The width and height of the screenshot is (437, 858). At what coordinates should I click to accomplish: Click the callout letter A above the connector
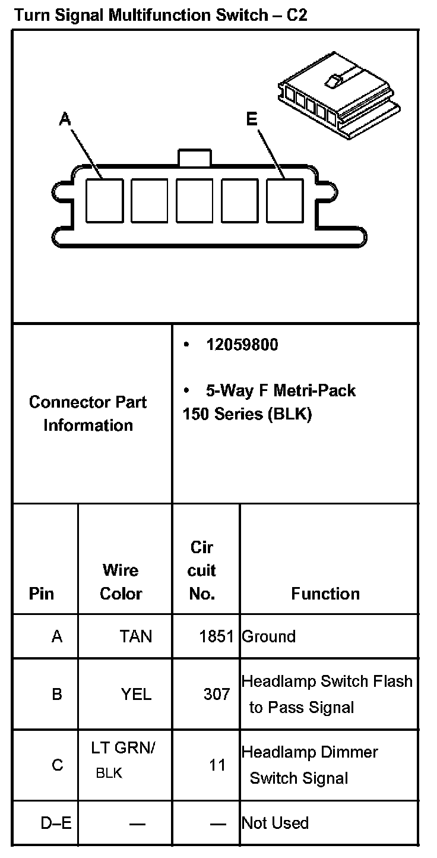click(65, 119)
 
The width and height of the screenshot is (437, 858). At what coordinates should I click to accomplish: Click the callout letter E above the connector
click(252, 119)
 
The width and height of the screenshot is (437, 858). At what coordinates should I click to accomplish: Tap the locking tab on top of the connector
click(194, 157)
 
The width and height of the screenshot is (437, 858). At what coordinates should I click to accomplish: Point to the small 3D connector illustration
click(337, 100)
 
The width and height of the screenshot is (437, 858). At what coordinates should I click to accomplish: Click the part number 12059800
click(242, 345)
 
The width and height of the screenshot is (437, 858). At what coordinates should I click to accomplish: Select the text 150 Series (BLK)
click(247, 414)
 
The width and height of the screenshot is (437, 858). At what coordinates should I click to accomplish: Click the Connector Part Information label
click(88, 414)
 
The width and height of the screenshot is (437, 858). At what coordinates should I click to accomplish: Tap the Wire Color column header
click(121, 582)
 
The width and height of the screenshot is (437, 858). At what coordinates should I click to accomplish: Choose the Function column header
click(325, 594)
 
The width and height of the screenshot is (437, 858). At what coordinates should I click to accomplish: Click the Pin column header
click(41, 594)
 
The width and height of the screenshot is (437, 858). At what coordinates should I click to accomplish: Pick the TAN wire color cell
click(136, 636)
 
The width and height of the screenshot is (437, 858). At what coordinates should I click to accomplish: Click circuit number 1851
click(217, 636)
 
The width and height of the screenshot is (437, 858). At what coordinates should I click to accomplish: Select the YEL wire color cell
click(136, 693)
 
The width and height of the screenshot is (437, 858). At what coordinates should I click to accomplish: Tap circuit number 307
click(217, 693)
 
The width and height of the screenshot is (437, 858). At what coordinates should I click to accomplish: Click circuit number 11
click(217, 765)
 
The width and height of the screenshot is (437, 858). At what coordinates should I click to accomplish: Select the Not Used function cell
click(275, 823)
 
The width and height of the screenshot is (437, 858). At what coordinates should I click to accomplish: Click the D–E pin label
click(56, 823)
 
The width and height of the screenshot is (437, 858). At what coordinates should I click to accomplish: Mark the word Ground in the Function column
click(268, 636)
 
